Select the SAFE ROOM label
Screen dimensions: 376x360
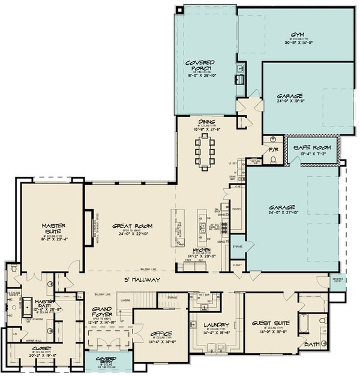pyautogui.click(x=314, y=147)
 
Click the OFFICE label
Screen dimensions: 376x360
pyautogui.click(x=160, y=333)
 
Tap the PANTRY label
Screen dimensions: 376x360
pyautogui.click(x=236, y=209)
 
